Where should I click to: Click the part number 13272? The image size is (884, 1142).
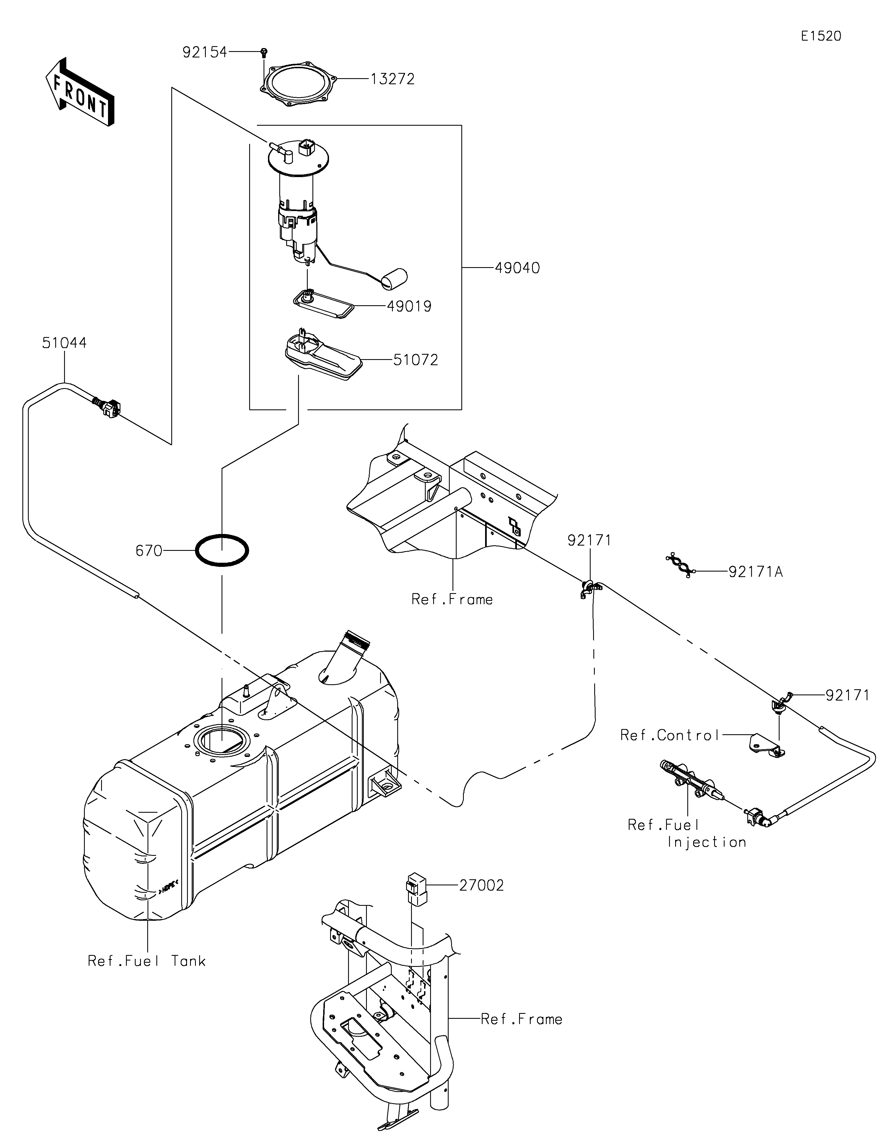click(x=393, y=79)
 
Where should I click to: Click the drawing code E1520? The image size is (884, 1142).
click(x=821, y=36)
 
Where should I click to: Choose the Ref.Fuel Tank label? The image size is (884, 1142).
click(x=147, y=961)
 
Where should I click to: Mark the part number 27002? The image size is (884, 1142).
click(x=482, y=885)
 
